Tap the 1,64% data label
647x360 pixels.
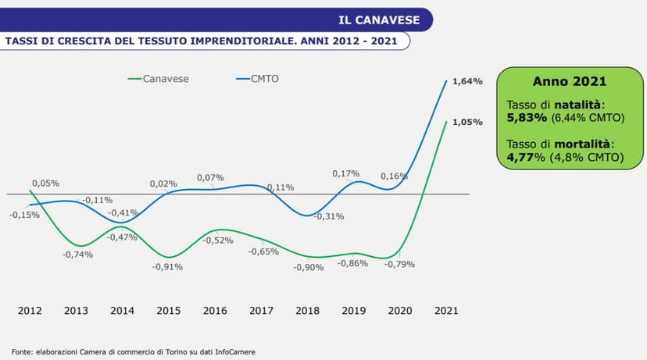pos(467,81)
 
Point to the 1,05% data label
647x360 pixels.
pos(467,123)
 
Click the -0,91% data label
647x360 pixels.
pos(167,267)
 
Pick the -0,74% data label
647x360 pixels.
pos(78,255)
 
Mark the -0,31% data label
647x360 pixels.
pos(329,216)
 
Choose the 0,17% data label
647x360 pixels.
pos(346,173)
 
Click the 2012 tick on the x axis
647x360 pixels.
pos(30,311)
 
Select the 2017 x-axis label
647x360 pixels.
pos(261,311)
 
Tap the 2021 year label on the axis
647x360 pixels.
pos(446,311)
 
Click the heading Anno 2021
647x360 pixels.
pos(570,81)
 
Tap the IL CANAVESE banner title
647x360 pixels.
pos(379,19)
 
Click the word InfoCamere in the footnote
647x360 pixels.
pos(234,351)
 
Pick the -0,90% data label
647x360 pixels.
pos(309,267)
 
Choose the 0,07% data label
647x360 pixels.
pos(210,177)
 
